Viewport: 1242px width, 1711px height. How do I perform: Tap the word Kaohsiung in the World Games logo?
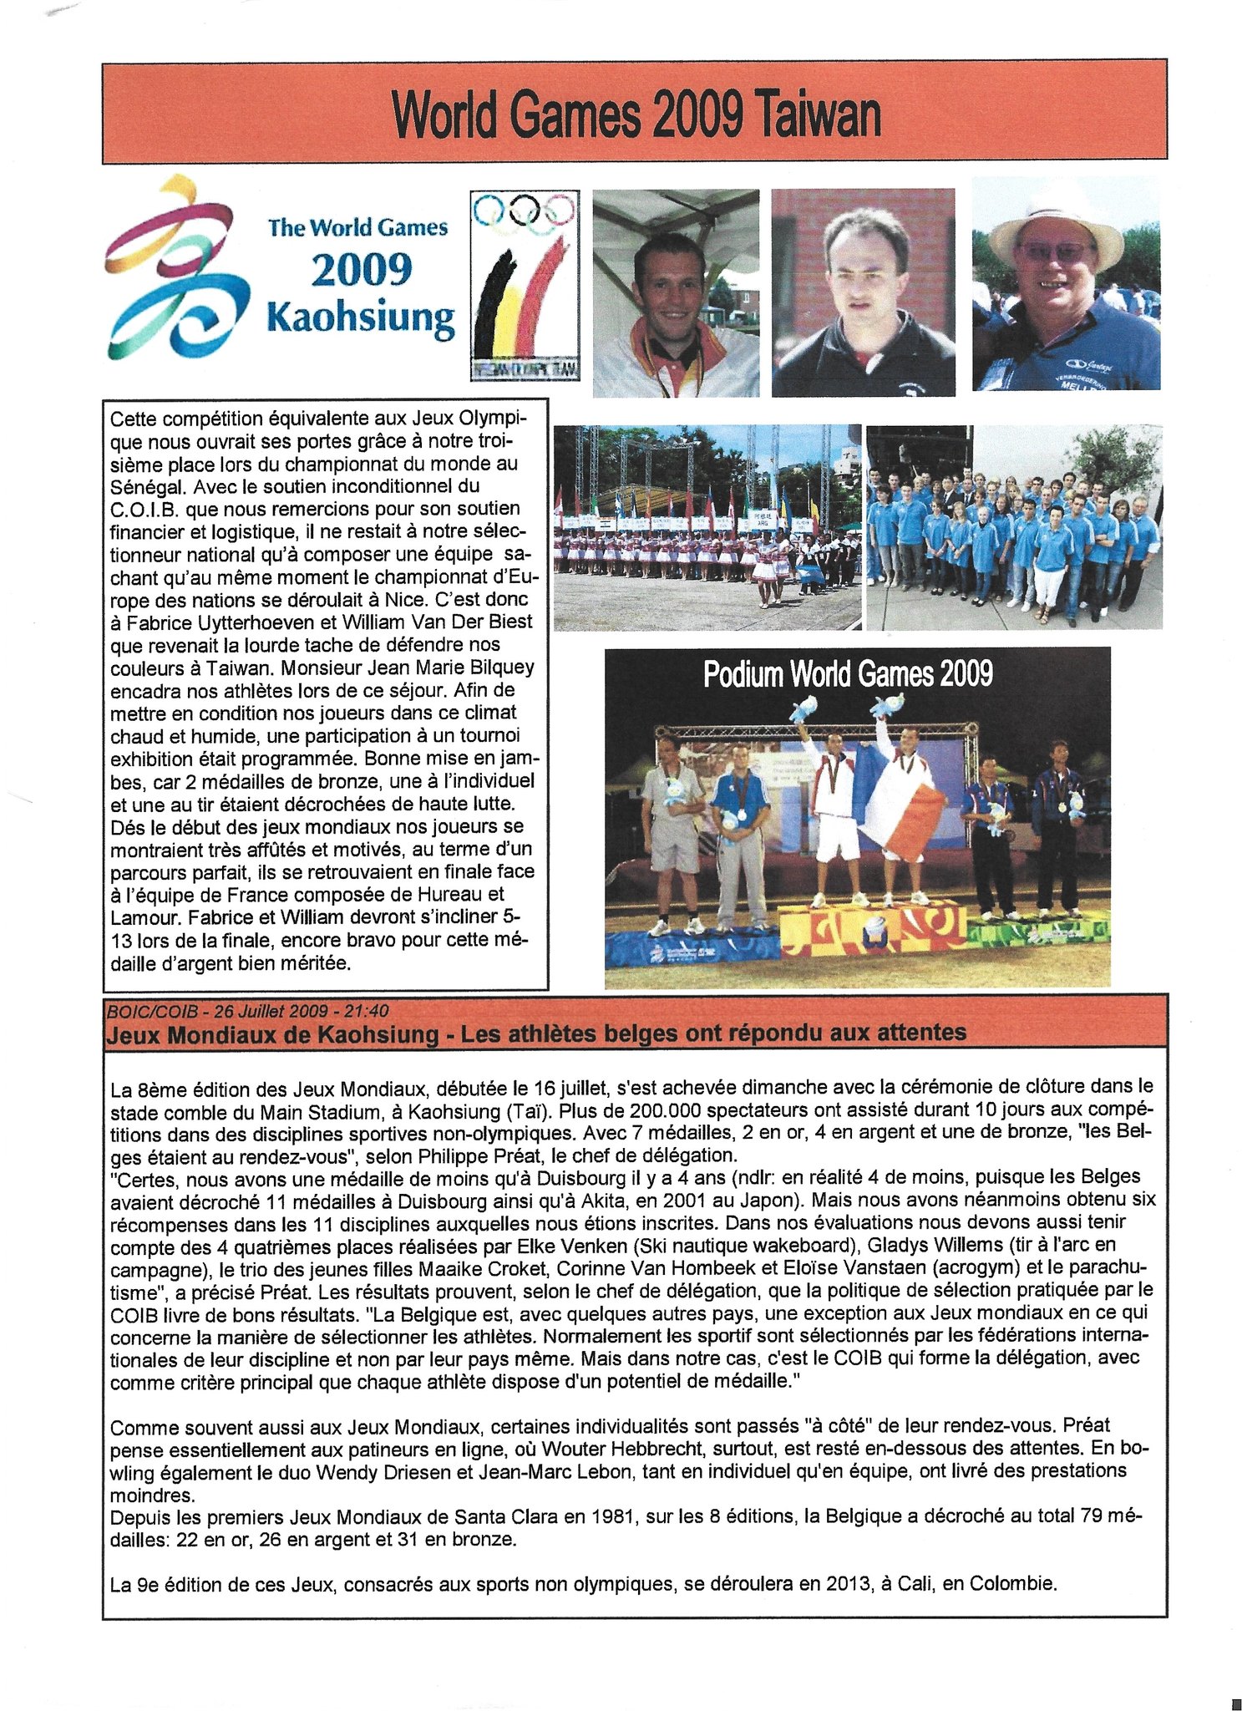click(360, 319)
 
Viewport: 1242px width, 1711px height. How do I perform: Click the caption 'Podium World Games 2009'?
click(848, 674)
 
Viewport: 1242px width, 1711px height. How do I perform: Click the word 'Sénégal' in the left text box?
click(146, 485)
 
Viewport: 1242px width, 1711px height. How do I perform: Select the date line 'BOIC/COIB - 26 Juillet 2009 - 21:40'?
click(247, 1011)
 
